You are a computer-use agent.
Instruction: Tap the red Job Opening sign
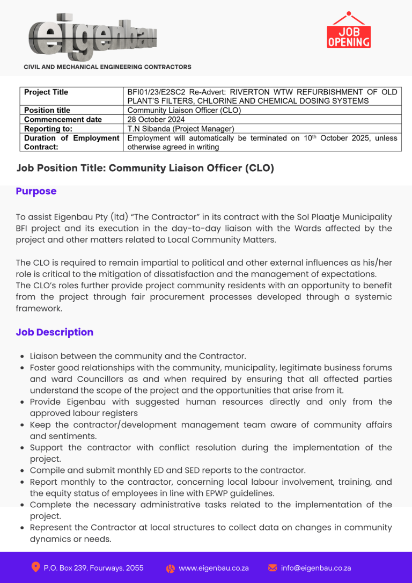[349, 31]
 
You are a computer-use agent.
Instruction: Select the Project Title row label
[46, 92]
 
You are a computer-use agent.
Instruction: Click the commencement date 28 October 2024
[156, 120]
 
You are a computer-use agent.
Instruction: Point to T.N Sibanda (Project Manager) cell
[181, 129]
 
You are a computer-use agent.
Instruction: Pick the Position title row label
[47, 111]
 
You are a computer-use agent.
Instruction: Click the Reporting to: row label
[48, 129]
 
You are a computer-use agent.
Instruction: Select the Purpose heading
[36, 192]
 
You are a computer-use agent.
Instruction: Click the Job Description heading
[55, 332]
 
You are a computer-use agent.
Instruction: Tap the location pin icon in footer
[36, 567]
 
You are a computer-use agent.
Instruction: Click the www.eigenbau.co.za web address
[214, 568]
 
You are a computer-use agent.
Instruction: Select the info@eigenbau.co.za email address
[316, 568]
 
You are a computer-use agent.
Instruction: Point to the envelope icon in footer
[273, 568]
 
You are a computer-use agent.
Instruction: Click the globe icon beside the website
[171, 569]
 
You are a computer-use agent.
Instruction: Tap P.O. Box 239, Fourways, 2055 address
[93, 568]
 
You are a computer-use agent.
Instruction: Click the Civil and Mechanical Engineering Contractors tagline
[107, 67]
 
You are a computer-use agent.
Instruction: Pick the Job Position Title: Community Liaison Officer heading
[145, 168]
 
